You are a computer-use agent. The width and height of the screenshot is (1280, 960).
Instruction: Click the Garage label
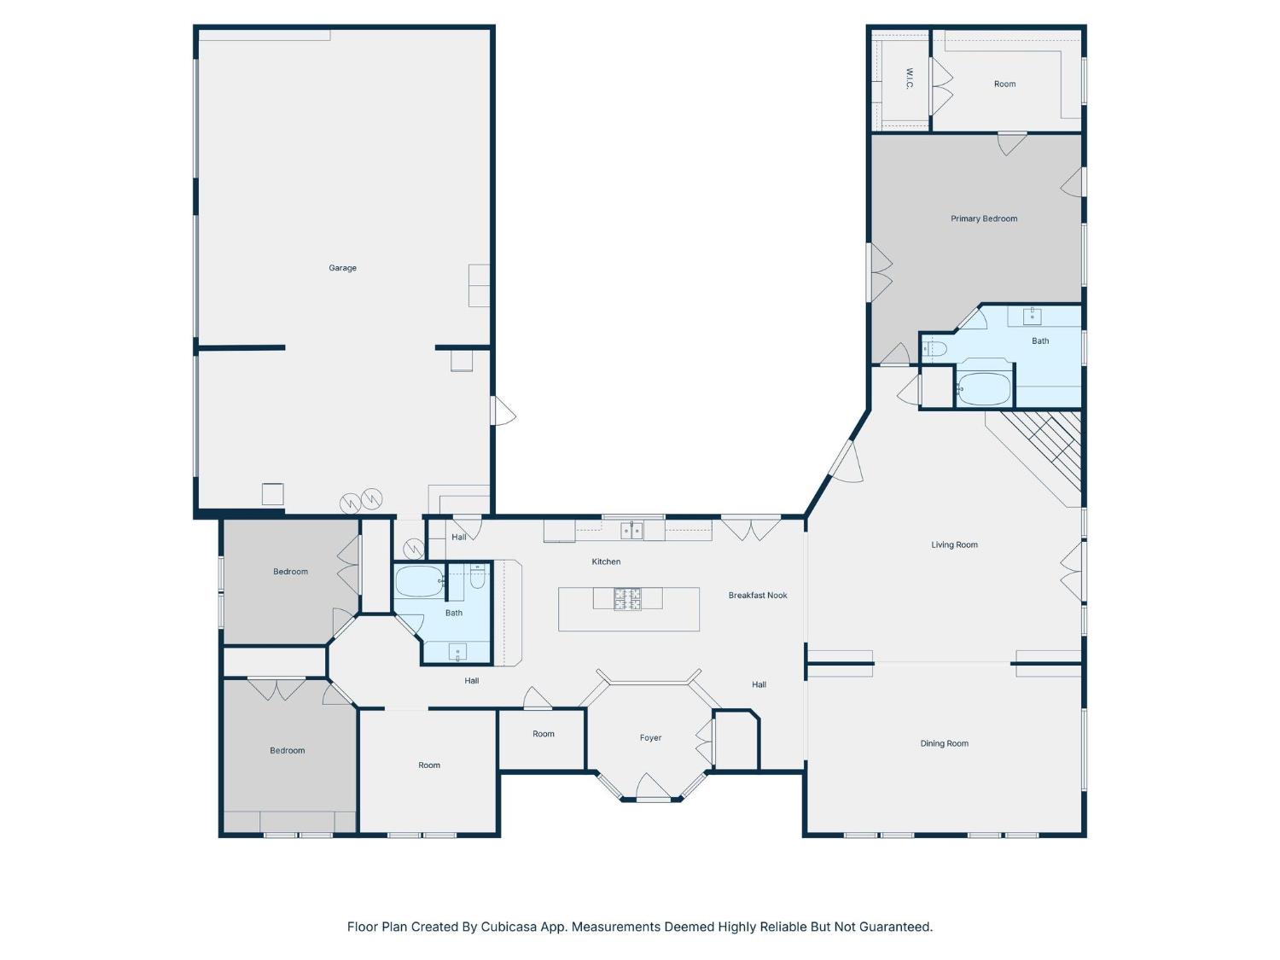342,268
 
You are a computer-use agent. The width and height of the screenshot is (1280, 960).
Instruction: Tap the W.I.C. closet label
910,79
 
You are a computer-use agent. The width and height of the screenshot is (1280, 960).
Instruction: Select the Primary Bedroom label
984,218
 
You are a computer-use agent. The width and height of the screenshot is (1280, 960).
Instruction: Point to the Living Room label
954,544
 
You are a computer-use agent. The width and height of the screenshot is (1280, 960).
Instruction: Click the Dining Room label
944,743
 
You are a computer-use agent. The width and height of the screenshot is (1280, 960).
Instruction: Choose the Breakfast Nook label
758,596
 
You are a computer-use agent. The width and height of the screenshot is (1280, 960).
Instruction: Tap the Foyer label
650,738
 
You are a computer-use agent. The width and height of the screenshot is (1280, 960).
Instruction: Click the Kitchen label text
606,561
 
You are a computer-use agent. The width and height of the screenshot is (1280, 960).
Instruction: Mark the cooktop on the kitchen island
627,599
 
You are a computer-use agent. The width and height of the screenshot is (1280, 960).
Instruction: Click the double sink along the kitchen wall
631,532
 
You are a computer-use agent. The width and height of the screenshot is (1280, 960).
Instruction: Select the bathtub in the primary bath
984,389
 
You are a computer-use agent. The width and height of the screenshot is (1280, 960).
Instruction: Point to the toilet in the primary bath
935,348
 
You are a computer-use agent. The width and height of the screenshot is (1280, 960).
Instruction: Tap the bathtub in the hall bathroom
420,582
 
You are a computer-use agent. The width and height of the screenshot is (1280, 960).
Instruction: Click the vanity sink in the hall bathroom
457,653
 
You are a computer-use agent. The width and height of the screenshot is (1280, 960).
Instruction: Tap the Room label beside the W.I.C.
1004,84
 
